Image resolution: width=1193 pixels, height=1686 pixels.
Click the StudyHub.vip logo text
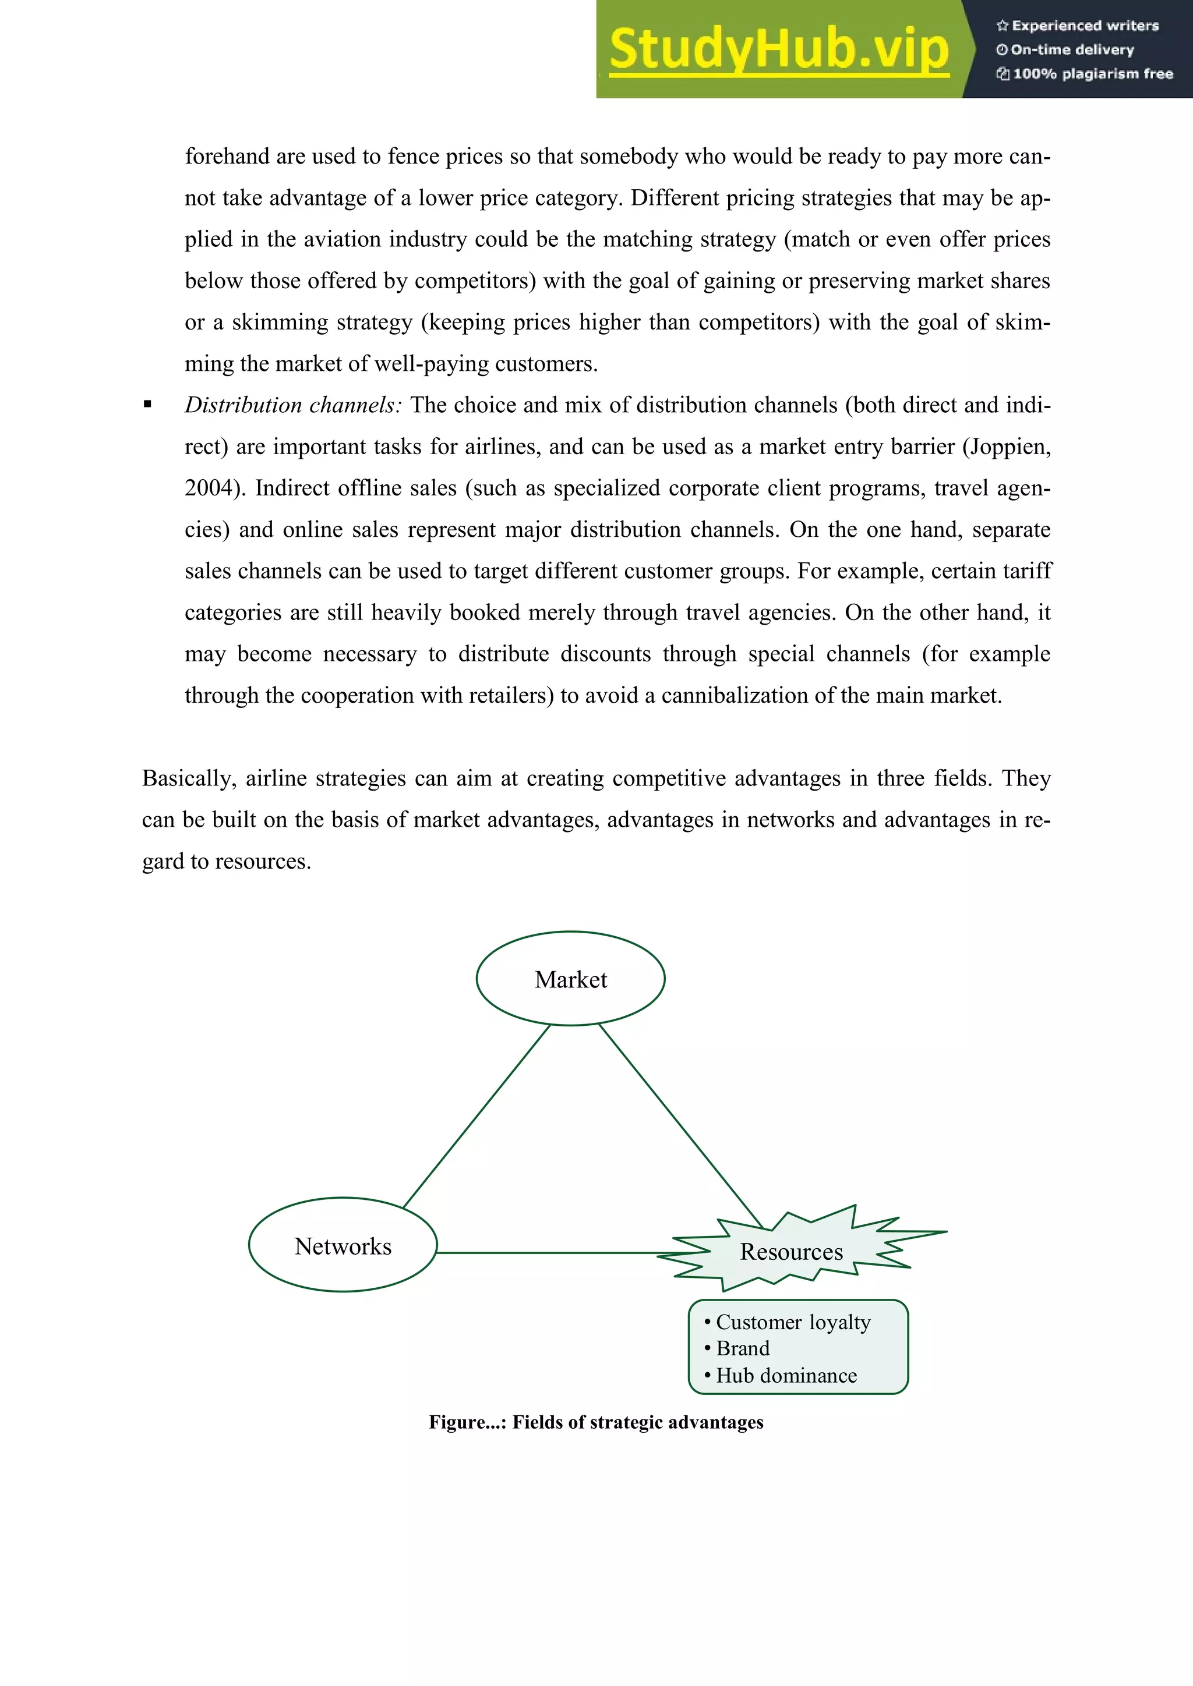(x=779, y=50)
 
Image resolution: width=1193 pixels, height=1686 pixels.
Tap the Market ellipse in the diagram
(x=571, y=979)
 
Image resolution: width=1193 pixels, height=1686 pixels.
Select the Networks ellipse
(x=343, y=1246)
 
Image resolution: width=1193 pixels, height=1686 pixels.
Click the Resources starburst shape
(x=791, y=1251)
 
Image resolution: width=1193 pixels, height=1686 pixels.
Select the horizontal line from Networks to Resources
(x=551, y=1253)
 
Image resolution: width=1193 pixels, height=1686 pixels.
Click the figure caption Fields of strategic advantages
(x=596, y=1422)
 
